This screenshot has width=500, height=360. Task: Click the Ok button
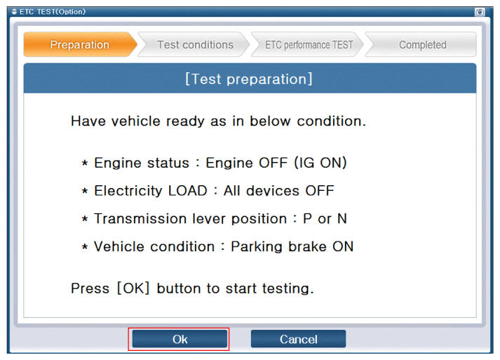(180, 339)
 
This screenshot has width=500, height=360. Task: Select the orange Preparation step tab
(80, 45)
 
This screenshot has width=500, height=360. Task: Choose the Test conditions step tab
(195, 45)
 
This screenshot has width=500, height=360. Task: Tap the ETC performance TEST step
(309, 45)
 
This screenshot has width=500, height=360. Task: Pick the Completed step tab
(422, 45)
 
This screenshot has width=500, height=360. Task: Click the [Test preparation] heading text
(249, 79)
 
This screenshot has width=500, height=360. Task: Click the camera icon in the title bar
(480, 12)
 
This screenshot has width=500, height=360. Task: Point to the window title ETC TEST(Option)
(53, 12)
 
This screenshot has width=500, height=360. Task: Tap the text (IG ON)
(320, 163)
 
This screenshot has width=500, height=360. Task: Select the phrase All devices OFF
(279, 191)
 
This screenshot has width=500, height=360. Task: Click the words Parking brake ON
(292, 246)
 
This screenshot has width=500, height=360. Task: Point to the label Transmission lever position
(190, 219)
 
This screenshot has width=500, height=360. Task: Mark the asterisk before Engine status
(85, 164)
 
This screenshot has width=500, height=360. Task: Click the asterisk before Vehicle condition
(85, 247)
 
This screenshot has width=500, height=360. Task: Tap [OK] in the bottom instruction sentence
(133, 288)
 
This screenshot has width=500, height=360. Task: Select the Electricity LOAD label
(151, 191)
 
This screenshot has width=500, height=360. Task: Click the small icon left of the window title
(14, 12)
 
